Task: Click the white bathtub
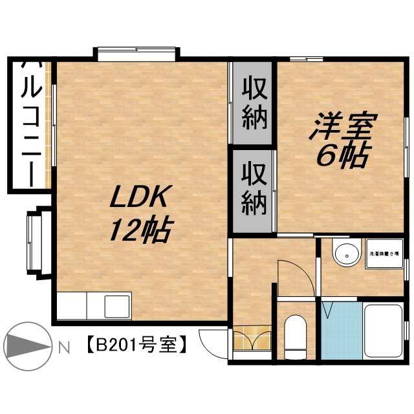coord(384,331)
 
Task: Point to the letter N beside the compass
coord(63,348)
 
